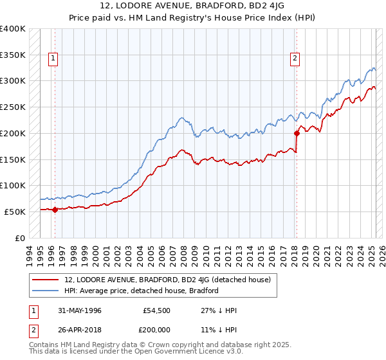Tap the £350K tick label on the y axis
[x=13, y=55]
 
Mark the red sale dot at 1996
[x=55, y=209]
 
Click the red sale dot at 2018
[x=297, y=133]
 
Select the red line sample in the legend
[x=45, y=280]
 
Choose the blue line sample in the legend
[x=45, y=291]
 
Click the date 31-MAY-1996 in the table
[x=80, y=310]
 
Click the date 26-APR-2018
[x=80, y=329]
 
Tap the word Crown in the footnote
[x=159, y=345]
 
